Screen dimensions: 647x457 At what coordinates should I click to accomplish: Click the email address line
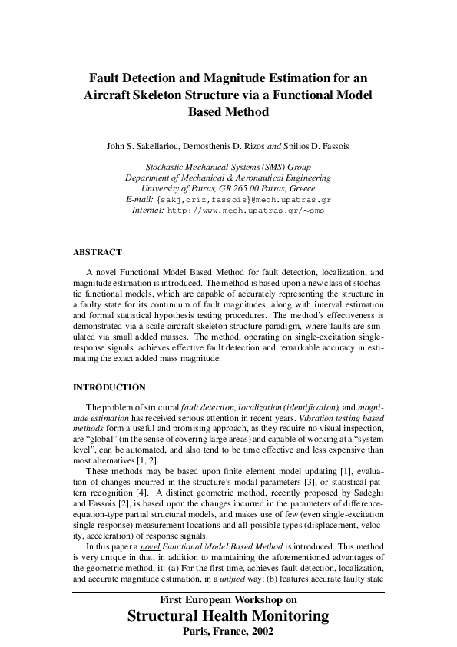tap(228, 199)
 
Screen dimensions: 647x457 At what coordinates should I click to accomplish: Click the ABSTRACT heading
tap(97, 252)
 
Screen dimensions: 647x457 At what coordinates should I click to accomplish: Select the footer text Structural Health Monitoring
tap(228, 616)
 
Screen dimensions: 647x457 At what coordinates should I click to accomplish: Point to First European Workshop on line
tap(228, 600)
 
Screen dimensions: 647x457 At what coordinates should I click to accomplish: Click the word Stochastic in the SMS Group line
tap(163, 167)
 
